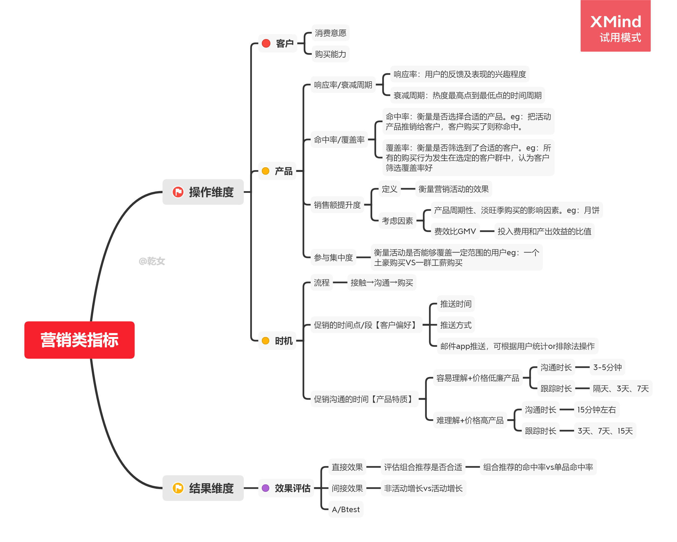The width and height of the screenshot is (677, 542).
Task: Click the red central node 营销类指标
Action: coord(79,340)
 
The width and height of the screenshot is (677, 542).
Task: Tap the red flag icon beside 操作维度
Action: coord(178,192)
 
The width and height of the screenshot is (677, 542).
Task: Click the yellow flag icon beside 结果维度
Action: coord(178,488)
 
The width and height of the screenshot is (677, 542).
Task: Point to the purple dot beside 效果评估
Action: coord(266,488)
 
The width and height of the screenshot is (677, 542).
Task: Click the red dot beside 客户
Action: coord(266,43)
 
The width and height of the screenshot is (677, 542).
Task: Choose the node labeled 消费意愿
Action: coord(330,33)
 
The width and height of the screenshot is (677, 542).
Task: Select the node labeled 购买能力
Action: coord(330,54)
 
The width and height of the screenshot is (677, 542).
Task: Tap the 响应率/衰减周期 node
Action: coord(343,85)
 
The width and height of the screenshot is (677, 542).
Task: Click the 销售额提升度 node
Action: coord(337,205)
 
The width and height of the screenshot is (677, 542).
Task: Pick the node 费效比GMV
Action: coord(455,231)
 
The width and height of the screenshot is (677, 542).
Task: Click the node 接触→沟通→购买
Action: coord(382,283)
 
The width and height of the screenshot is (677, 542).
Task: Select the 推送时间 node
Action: coord(456,303)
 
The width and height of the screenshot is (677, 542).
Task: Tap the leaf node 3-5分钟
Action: coord(607,367)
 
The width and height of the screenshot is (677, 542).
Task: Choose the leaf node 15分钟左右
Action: coord(596,409)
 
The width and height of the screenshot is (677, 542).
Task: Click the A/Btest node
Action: coord(345,509)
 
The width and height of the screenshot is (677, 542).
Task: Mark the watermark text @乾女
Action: coord(152,261)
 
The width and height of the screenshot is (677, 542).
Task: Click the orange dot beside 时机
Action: coord(266,341)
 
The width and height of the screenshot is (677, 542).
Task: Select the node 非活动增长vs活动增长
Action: coord(423,488)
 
